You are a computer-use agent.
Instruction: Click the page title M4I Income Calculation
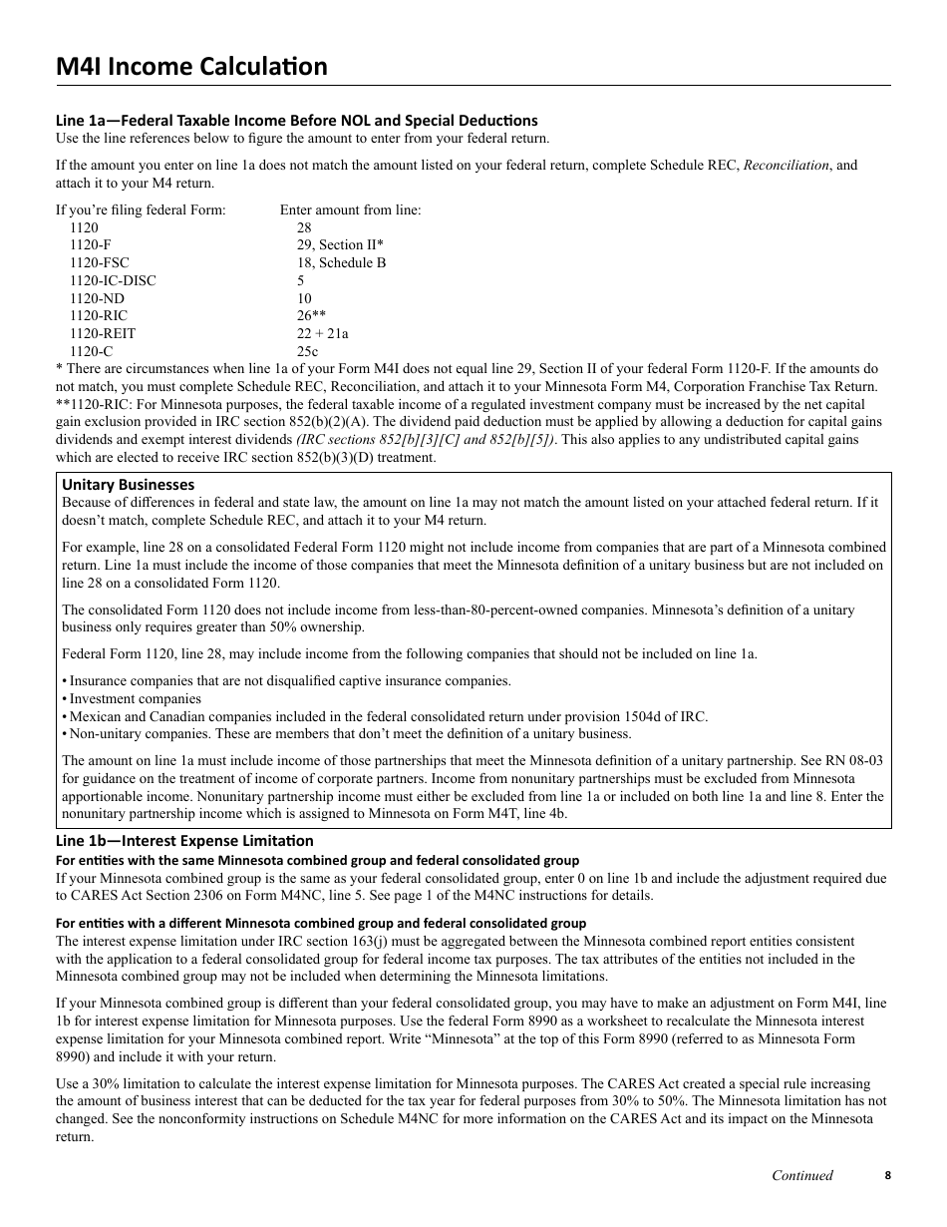coord(191,67)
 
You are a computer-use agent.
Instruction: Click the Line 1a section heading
coord(296,121)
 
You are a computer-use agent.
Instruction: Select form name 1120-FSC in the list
coord(100,263)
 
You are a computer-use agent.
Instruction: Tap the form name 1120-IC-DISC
coord(113,281)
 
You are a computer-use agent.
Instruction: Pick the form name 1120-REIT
coord(103,334)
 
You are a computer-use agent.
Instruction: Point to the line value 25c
coord(307,352)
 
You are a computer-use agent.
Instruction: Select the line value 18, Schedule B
coord(341,263)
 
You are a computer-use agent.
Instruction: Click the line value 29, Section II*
coord(340,245)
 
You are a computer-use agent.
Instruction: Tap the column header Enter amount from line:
coord(350,210)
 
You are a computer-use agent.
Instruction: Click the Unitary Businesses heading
coord(129,485)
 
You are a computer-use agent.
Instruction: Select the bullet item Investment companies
coord(135,699)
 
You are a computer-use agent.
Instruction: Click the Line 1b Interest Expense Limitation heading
coord(184,841)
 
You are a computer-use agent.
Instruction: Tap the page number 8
coord(887,1175)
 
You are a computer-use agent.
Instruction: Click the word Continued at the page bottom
coord(802,1175)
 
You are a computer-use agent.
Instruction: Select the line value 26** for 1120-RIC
coord(311,316)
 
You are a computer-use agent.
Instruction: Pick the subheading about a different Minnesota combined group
coord(321,923)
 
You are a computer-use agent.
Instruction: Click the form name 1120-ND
coord(98,299)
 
